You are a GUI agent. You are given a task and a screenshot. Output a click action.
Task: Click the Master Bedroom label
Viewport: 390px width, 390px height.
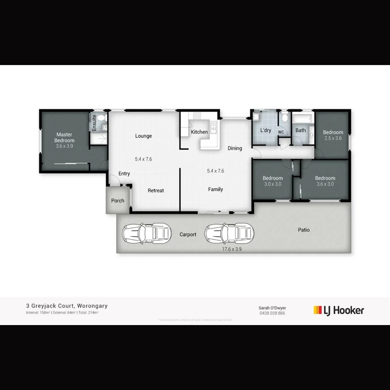click(64, 137)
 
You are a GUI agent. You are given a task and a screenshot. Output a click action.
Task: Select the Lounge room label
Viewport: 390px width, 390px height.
click(143, 136)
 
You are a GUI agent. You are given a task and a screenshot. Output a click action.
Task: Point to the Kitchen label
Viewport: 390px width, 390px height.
click(199, 132)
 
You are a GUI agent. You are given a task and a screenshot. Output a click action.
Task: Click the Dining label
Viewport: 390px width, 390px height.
click(235, 148)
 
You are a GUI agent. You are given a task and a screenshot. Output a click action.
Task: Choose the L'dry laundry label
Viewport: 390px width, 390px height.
click(266, 130)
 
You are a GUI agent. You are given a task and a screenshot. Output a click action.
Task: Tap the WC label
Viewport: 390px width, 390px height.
click(281, 132)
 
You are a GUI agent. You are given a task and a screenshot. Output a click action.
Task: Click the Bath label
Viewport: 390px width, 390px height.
click(300, 130)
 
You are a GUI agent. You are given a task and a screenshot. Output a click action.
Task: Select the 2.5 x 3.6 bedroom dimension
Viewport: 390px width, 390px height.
click(333, 139)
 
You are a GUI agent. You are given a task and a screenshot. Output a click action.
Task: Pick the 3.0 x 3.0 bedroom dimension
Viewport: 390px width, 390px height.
click(273, 184)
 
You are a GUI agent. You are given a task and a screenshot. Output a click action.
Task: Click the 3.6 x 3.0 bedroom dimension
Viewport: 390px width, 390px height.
click(325, 184)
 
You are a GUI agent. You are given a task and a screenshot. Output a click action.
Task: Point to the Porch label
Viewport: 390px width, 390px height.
click(117, 201)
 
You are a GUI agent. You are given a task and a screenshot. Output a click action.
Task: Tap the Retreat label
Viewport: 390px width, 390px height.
click(156, 191)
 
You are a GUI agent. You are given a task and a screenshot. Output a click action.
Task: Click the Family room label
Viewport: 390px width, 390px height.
click(215, 189)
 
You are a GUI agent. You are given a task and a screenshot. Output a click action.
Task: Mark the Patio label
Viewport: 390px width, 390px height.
click(304, 230)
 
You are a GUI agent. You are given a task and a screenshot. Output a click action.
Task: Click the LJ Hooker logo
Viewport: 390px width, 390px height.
click(338, 310)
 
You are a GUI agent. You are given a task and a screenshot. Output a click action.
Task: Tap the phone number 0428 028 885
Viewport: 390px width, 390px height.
click(272, 313)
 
